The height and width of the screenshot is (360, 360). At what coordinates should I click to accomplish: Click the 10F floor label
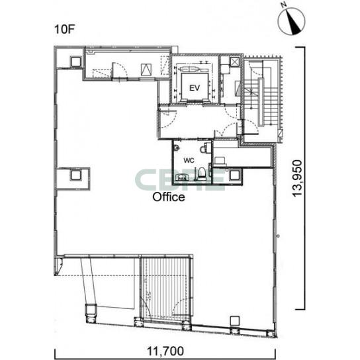coord(65,29)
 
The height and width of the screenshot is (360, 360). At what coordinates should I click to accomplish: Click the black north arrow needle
coord(294,23)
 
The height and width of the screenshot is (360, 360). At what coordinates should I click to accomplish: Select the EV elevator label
coord(195,88)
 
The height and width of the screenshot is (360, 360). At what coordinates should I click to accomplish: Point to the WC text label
coord(189,161)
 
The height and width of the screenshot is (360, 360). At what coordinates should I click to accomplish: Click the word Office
coord(169,197)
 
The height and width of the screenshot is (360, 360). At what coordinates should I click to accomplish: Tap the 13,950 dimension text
coord(297,178)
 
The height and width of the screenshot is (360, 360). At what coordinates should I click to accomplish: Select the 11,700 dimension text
coord(165,351)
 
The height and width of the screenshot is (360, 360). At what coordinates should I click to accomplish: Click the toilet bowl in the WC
coord(202,173)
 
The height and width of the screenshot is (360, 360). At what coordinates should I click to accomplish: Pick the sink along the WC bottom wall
coord(182,177)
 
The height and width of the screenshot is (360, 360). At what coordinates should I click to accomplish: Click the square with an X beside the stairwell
coord(235,62)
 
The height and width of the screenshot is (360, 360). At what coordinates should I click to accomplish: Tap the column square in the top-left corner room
coord(75,62)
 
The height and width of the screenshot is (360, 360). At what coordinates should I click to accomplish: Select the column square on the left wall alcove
coord(75,175)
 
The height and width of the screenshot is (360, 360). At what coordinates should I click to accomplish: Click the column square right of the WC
coord(235,175)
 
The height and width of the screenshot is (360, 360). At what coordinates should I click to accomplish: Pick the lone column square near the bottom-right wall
coord(235,320)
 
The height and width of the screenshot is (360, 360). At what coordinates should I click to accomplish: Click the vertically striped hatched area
coord(165,287)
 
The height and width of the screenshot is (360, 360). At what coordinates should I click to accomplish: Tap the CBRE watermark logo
coord(179,180)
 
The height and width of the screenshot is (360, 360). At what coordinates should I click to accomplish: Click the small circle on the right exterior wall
coord(278,236)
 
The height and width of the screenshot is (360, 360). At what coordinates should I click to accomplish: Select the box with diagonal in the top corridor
coord(146,69)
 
